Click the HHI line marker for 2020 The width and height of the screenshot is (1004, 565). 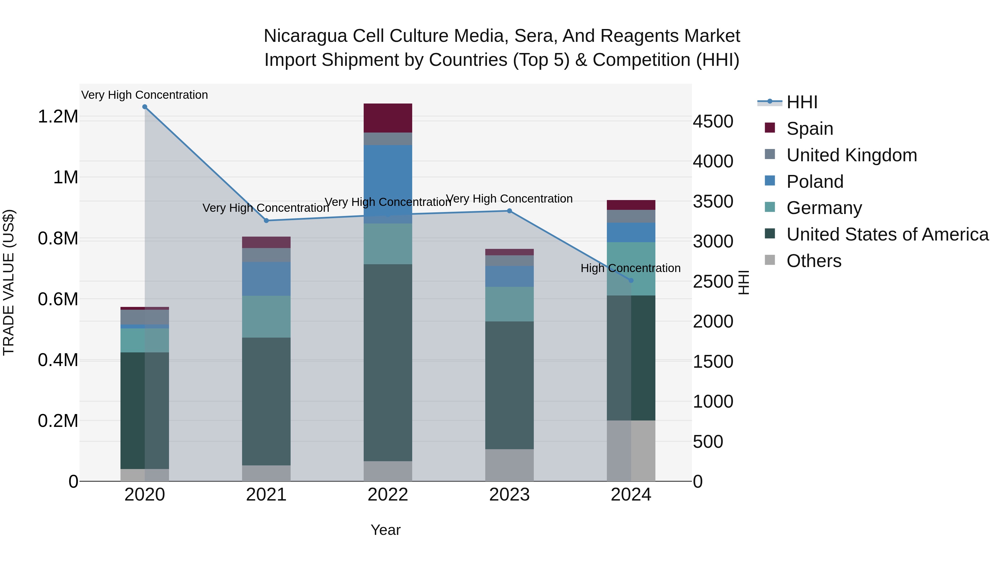click(144, 107)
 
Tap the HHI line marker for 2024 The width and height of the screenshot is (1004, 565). click(631, 280)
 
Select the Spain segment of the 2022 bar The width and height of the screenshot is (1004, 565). click(388, 118)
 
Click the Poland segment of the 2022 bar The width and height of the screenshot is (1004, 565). click(388, 179)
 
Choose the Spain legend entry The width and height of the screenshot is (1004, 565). click(810, 129)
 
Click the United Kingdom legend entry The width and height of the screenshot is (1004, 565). click(852, 155)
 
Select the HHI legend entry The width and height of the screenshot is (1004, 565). click(802, 102)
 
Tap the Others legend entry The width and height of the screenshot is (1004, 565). click(814, 261)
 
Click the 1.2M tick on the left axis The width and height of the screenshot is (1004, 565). click(58, 117)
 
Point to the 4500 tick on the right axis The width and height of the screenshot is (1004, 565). click(713, 121)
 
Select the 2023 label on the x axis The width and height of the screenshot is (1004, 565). click(510, 495)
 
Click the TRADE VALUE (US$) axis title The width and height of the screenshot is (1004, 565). click(9, 282)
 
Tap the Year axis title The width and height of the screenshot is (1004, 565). click(385, 530)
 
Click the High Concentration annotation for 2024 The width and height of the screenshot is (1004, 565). click(630, 268)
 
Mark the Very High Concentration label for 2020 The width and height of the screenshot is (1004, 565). click(144, 95)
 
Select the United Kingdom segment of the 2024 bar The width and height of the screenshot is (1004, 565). click(631, 217)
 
